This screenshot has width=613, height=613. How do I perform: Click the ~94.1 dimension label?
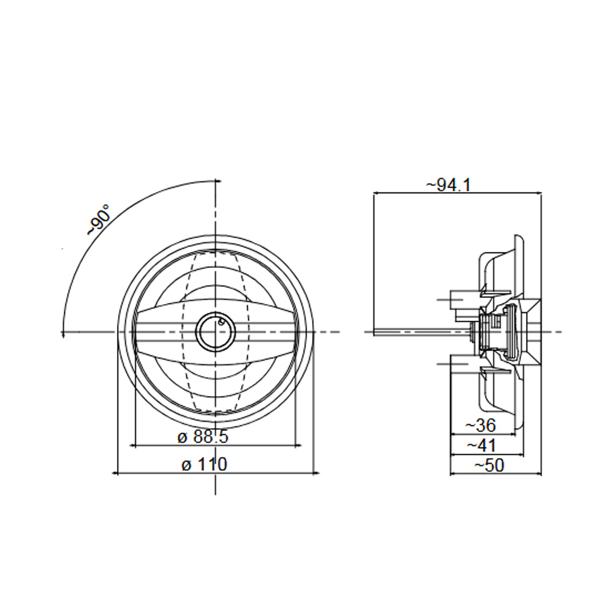(x=449, y=185)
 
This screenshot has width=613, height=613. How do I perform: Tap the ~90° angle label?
(x=98, y=219)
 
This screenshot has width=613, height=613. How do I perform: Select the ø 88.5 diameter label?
(x=202, y=437)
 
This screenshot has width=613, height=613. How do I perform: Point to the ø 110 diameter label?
(x=204, y=465)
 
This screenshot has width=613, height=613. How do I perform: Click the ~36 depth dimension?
(x=481, y=425)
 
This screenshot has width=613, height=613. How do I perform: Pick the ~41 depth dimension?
(x=481, y=446)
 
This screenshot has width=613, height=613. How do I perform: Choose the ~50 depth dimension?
(x=489, y=466)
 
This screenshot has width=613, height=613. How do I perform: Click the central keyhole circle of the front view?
(x=215, y=332)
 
